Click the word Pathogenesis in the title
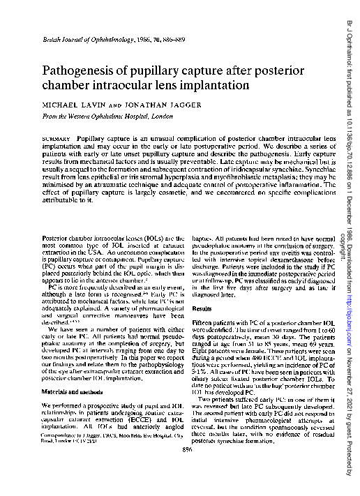(x=82, y=71)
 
